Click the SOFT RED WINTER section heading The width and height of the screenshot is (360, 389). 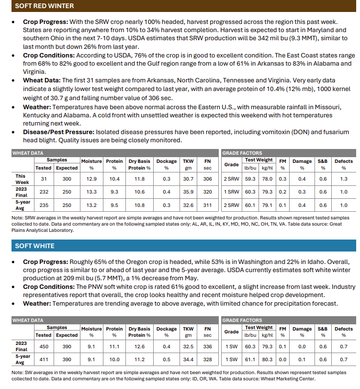point(44,6)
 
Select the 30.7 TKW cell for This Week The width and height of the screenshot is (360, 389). point(188,179)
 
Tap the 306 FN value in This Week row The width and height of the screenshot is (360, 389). point(207,179)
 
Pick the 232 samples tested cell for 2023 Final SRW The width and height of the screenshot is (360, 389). point(43,192)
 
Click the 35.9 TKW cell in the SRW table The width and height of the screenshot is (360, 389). point(188,192)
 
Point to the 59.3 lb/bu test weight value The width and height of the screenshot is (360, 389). point(250,179)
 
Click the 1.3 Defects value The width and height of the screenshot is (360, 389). point(343,179)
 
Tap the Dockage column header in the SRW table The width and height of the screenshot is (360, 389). point(167,161)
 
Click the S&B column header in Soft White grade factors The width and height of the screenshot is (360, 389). point(323,329)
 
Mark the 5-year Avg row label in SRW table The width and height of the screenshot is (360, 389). point(21,205)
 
